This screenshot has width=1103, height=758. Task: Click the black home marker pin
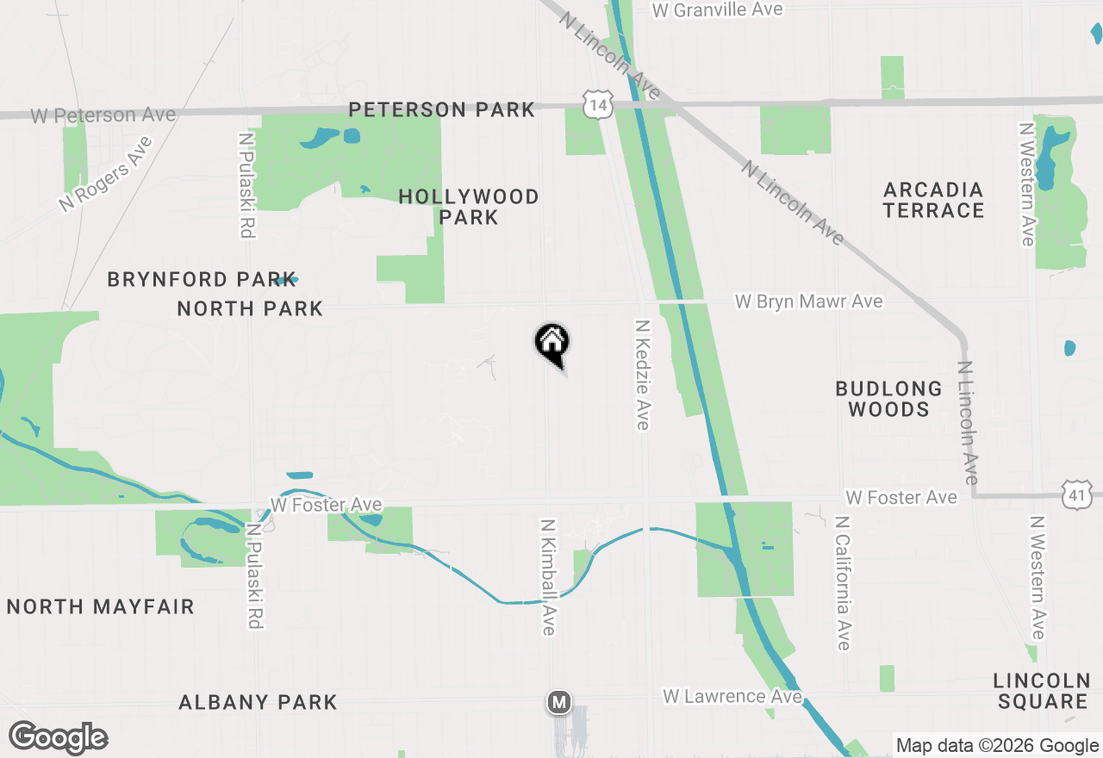[552, 344]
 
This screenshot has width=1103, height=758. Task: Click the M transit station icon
[559, 702]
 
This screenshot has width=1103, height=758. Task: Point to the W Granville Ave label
[717, 9]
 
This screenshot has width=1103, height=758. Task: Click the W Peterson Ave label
[103, 115]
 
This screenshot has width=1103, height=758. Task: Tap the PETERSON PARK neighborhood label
[441, 109]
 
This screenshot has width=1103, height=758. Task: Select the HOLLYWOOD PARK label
[469, 207]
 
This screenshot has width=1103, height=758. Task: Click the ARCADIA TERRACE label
[933, 200]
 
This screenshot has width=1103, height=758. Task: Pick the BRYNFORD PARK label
[202, 279]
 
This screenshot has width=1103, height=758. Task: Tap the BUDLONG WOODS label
[888, 399]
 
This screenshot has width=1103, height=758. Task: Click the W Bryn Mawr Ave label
[808, 301]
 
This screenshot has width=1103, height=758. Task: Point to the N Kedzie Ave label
[642, 375]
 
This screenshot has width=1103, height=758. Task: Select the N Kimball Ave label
[547, 577]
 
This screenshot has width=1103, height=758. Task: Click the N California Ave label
[842, 583]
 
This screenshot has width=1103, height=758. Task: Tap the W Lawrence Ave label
[732, 695]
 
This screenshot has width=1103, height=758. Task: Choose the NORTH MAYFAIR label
[101, 606]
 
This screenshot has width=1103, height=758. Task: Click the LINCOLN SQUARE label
[1043, 691]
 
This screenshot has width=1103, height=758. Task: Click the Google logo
[58, 737]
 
